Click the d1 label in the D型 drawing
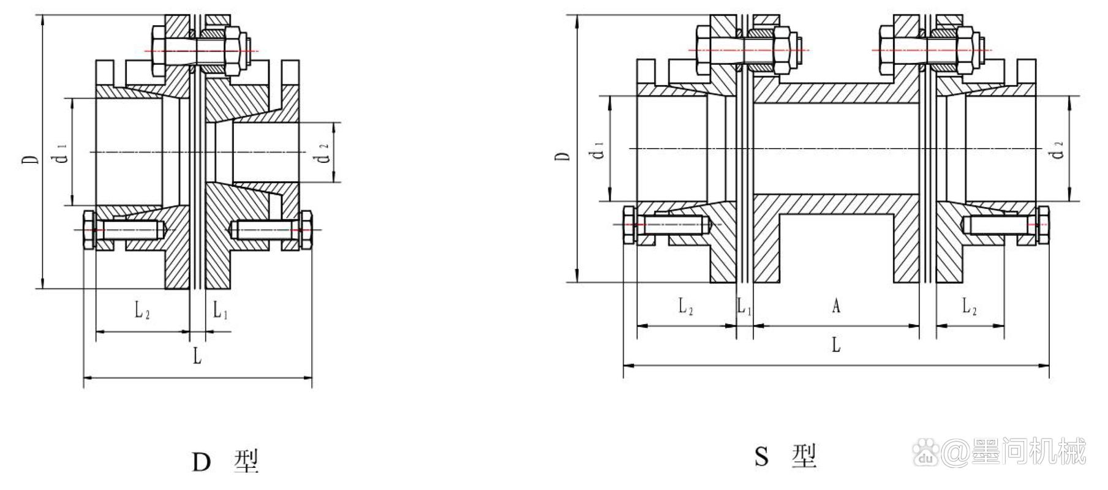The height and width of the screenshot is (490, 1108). [x=62, y=157]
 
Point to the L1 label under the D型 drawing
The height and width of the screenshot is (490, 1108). [x=220, y=310]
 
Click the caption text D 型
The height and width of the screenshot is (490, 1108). [x=225, y=462]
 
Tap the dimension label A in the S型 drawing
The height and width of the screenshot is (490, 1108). [x=835, y=306]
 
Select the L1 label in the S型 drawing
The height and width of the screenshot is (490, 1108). [x=744, y=306]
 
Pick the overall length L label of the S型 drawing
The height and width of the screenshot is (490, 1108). [x=836, y=345]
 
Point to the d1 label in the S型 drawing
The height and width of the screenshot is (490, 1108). [x=599, y=149]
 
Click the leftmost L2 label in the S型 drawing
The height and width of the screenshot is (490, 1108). [x=686, y=306]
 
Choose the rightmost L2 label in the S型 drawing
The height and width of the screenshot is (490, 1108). [x=969, y=306]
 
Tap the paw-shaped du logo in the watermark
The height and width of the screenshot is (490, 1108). [x=927, y=453]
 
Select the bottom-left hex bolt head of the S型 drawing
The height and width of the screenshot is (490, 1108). [x=630, y=225]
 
